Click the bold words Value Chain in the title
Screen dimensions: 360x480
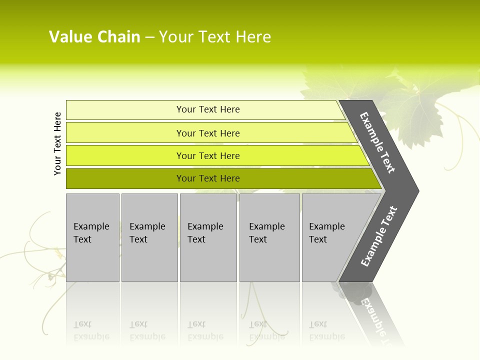pyautogui.click(x=94, y=37)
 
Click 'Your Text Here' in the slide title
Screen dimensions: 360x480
pyautogui.click(x=215, y=37)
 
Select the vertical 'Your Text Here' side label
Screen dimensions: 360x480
pyautogui.click(x=57, y=143)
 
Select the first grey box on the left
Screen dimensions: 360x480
pyautogui.click(x=92, y=237)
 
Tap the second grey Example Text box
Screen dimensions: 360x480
pyautogui.click(x=149, y=237)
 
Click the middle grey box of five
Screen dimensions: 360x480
pyautogui.click(x=208, y=237)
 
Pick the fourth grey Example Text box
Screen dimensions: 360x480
pyautogui.click(x=269, y=237)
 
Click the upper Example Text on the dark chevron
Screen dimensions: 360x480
pyautogui.click(x=377, y=142)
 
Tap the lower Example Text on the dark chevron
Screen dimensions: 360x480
pyautogui.click(x=378, y=236)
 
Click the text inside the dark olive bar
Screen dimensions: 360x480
pyautogui.click(x=208, y=178)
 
